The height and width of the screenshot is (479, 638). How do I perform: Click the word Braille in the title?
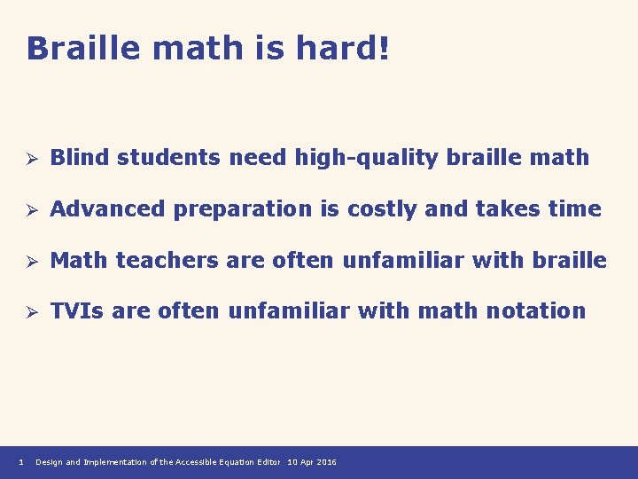click(x=85, y=48)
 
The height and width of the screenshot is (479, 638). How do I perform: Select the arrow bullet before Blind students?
click(x=29, y=159)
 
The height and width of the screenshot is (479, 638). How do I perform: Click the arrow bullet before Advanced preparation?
click(x=29, y=210)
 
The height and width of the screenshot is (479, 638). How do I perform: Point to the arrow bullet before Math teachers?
click(x=29, y=261)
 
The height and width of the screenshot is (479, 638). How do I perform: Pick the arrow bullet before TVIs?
click(x=29, y=312)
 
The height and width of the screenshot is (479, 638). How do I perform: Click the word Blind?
click(x=80, y=158)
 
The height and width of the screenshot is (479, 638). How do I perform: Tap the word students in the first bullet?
click(x=169, y=158)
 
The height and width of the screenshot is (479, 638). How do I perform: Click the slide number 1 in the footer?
click(x=20, y=462)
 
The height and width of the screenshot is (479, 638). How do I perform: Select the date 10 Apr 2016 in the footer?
click(x=312, y=462)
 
